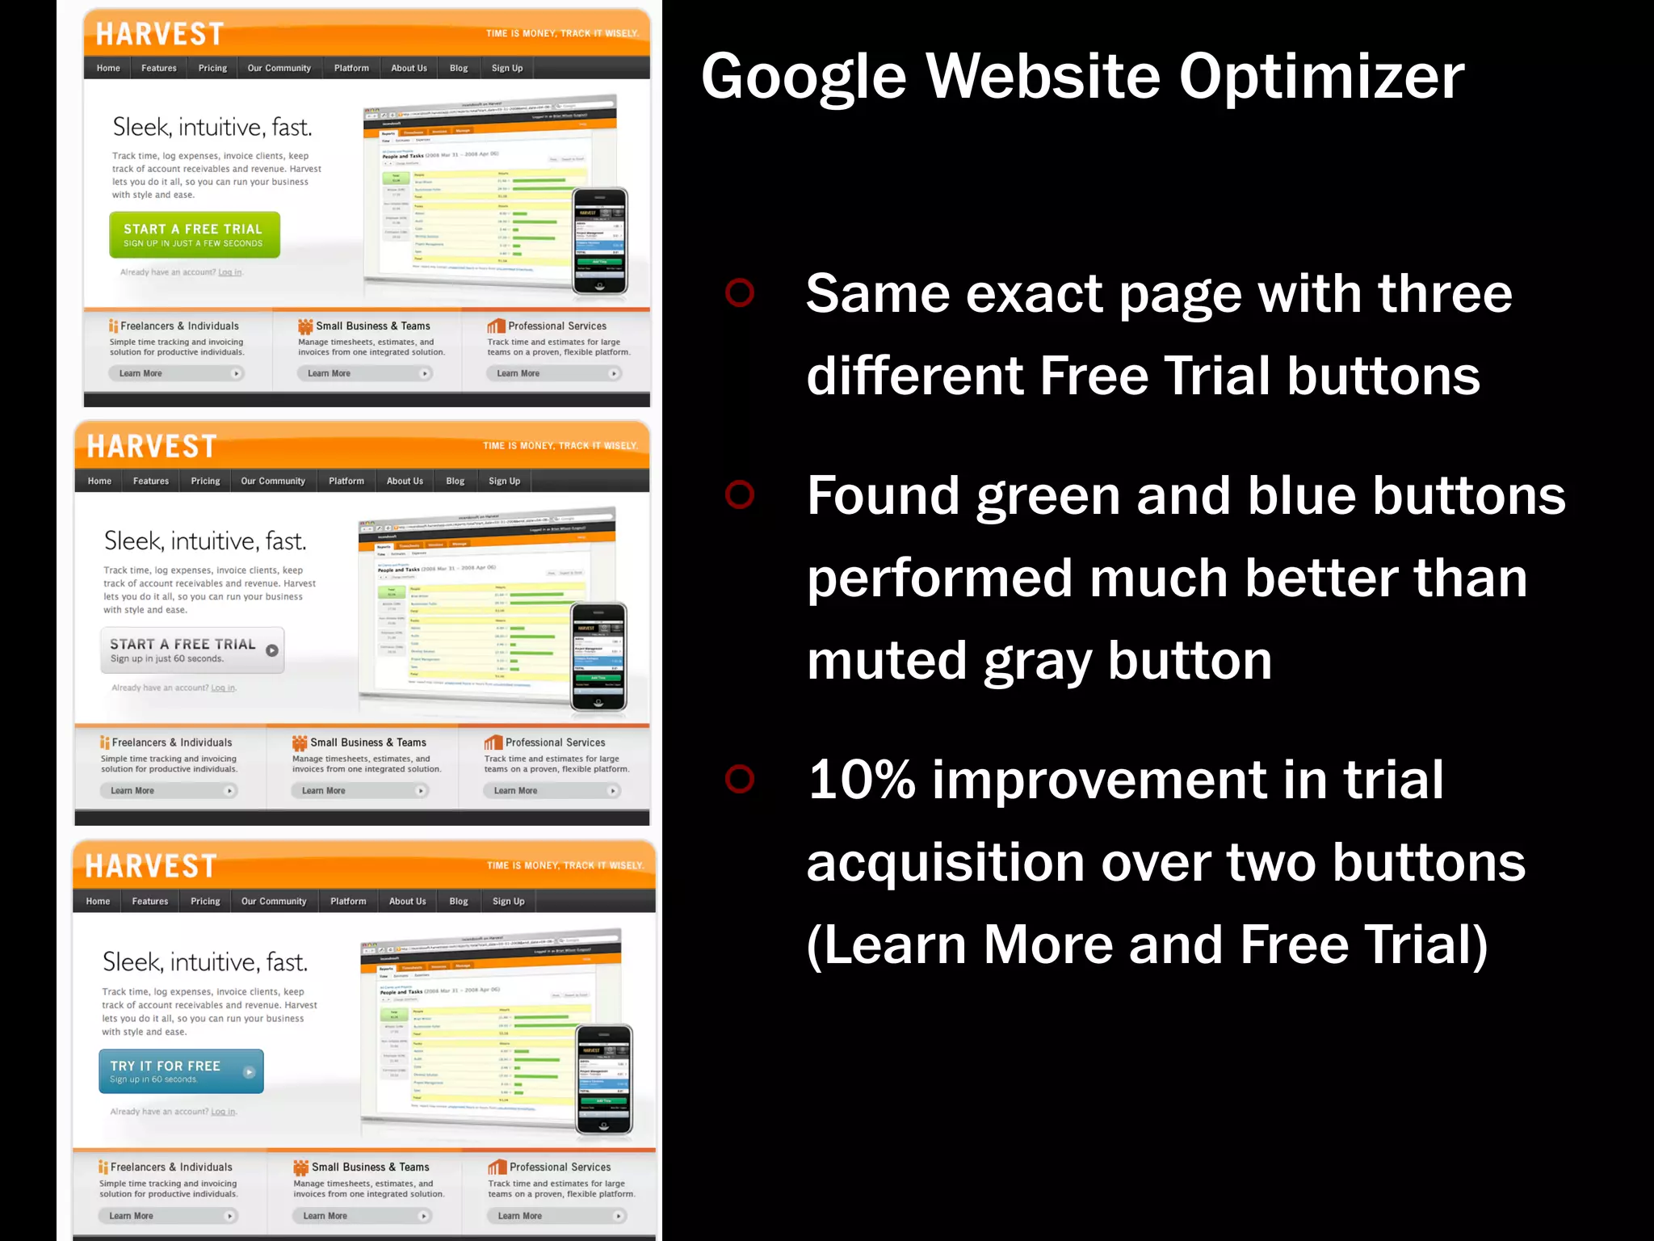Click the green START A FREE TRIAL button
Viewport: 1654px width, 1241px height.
coord(194,235)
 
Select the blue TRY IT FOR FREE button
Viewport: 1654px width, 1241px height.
coord(181,1071)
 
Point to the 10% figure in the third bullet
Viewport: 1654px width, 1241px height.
coord(862,780)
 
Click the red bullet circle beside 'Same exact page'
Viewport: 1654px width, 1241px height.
coord(739,292)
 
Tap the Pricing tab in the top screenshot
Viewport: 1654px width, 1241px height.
coord(212,68)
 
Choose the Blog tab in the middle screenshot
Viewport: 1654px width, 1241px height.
coord(455,481)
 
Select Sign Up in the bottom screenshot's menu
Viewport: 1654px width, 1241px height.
coord(508,901)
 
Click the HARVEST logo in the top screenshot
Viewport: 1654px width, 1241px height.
coord(160,34)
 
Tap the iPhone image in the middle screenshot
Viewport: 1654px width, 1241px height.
coord(598,657)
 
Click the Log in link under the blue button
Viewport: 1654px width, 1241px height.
coord(224,1112)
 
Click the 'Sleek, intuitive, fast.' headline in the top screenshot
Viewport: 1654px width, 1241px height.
coord(212,128)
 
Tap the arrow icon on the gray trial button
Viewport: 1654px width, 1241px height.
coord(272,650)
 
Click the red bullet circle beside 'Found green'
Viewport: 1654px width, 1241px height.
coord(739,494)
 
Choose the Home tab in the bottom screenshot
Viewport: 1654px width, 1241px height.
coord(98,901)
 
